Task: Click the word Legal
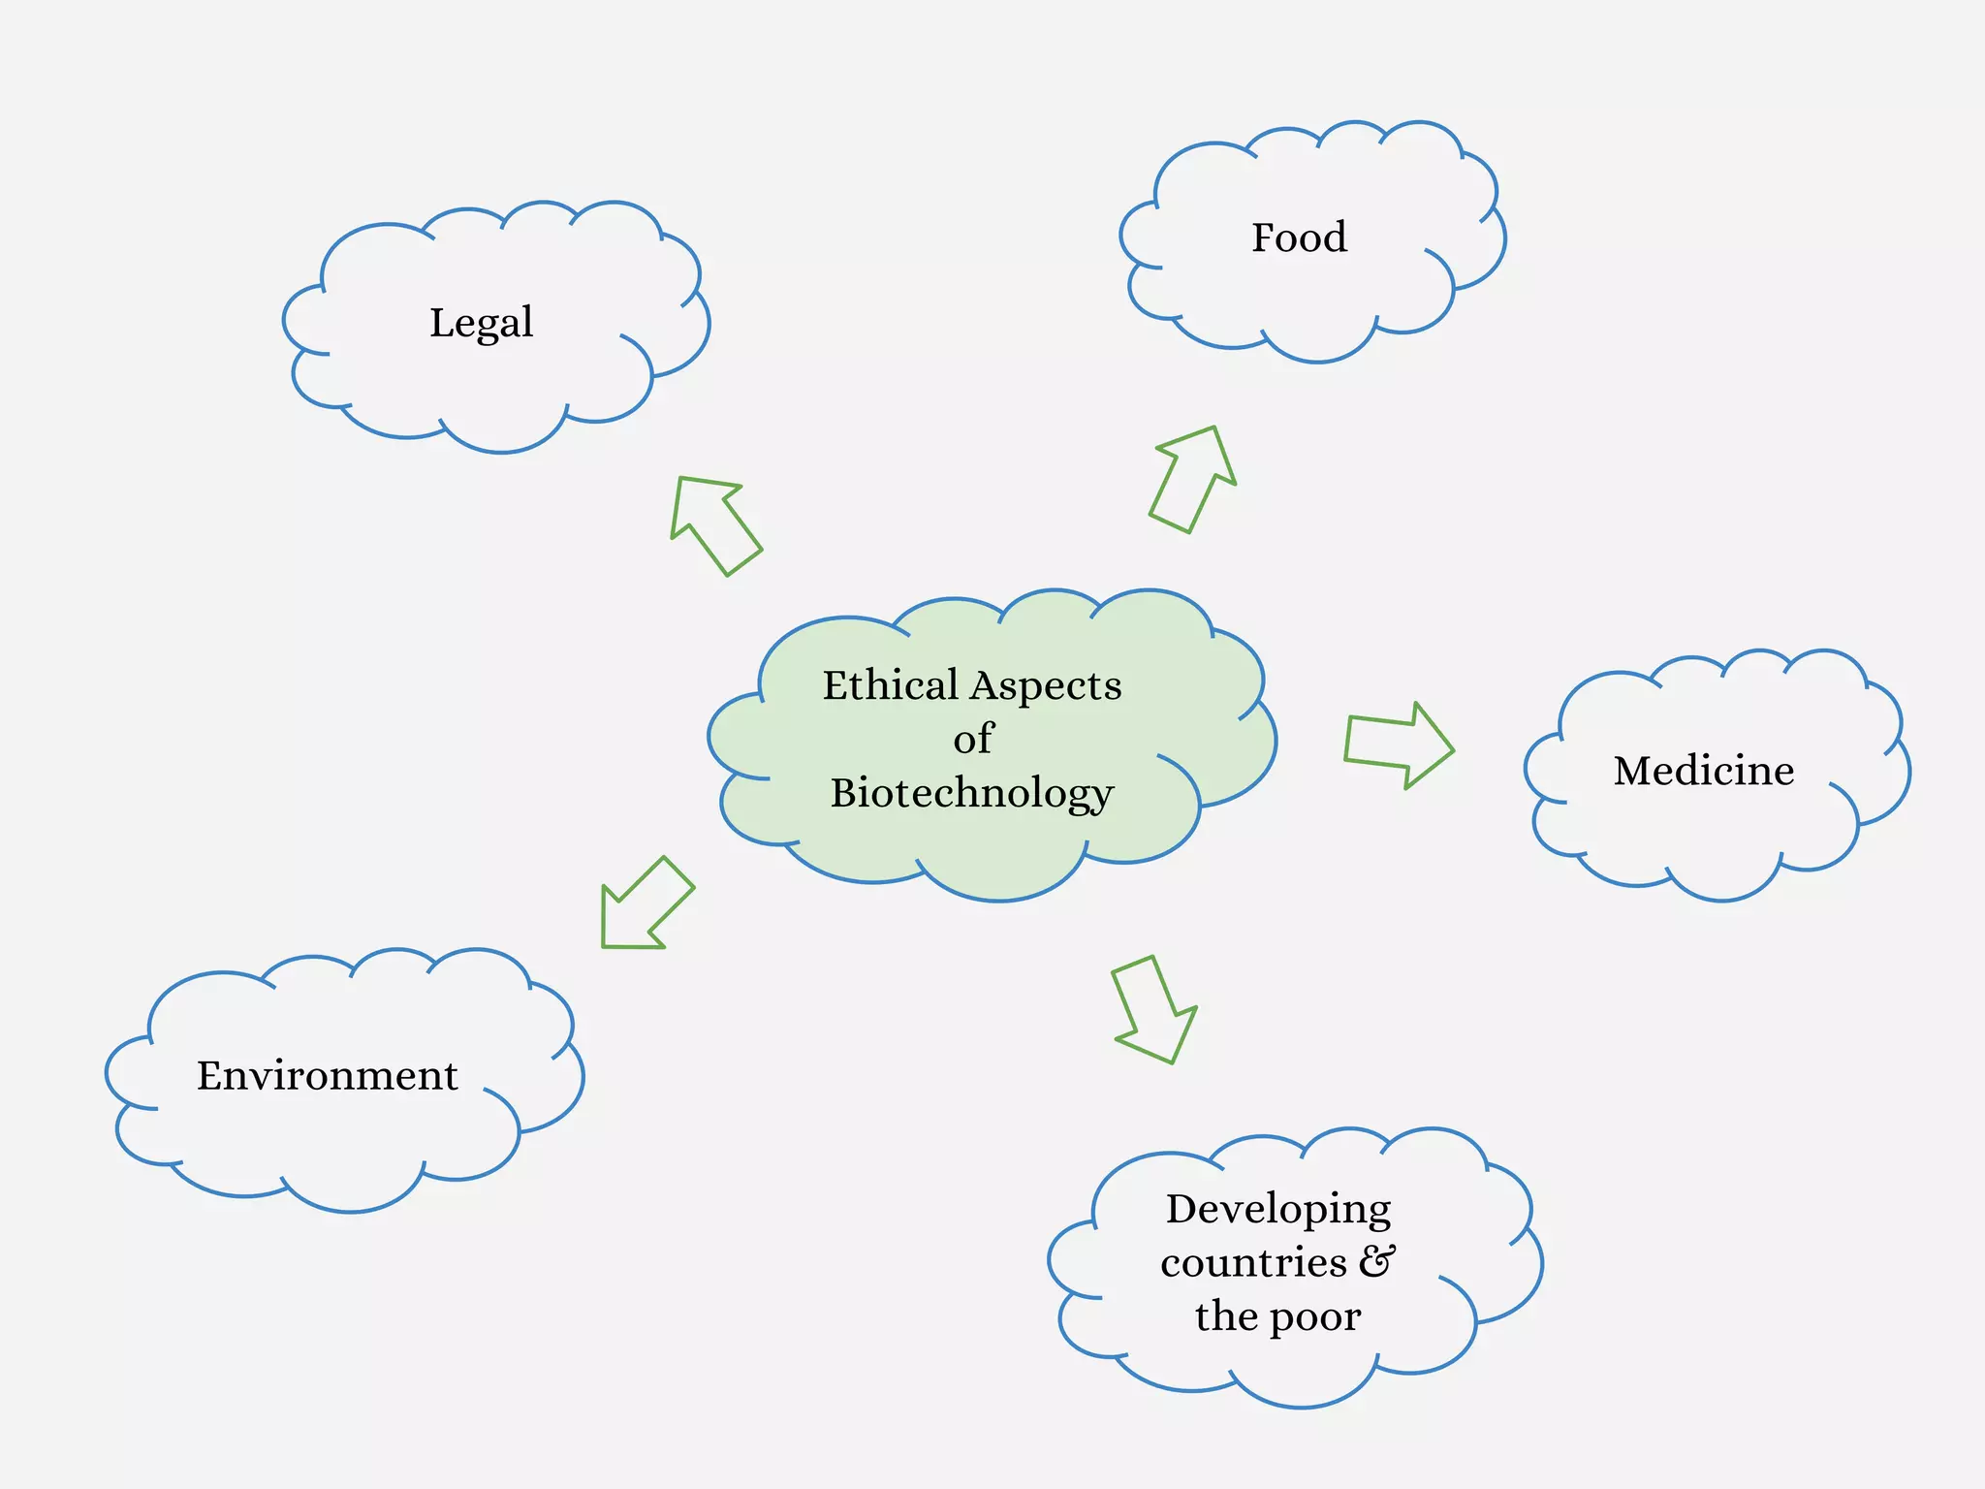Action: click(x=481, y=323)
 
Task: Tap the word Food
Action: click(x=1299, y=238)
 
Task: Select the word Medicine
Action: click(x=1703, y=771)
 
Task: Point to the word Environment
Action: click(x=327, y=1076)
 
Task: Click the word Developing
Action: click(x=1277, y=1210)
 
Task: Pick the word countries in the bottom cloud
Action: click(x=1253, y=1263)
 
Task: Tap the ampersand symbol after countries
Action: click(x=1377, y=1261)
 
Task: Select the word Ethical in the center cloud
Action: click(x=890, y=685)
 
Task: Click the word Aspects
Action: click(x=1047, y=686)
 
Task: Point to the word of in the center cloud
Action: click(x=973, y=739)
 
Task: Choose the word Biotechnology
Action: click(x=972, y=793)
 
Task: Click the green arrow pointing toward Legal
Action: click(x=714, y=523)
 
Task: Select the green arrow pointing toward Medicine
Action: click(x=1399, y=745)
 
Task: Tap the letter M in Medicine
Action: click(x=1633, y=771)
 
